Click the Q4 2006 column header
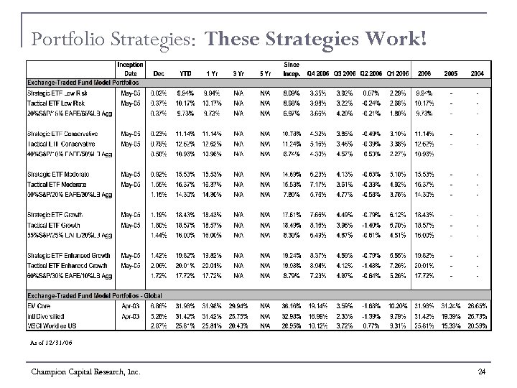(x=317, y=73)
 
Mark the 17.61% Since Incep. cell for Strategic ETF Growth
(x=291, y=216)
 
